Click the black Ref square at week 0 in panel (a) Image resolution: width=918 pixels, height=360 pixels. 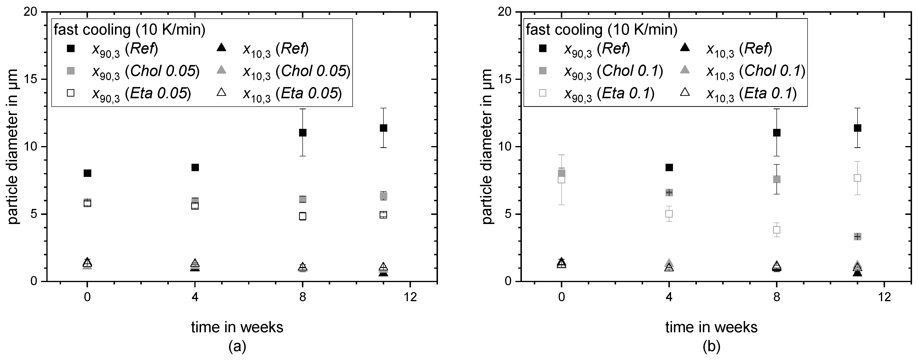pyautogui.click(x=87, y=173)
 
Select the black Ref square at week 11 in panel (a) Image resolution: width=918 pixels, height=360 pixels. pyautogui.click(x=383, y=128)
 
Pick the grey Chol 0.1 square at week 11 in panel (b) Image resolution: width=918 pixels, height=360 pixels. pyautogui.click(x=858, y=236)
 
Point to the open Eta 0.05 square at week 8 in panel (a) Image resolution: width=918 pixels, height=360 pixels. pyautogui.click(x=303, y=216)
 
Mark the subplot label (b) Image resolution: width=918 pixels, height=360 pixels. pyautogui.click(x=711, y=346)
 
